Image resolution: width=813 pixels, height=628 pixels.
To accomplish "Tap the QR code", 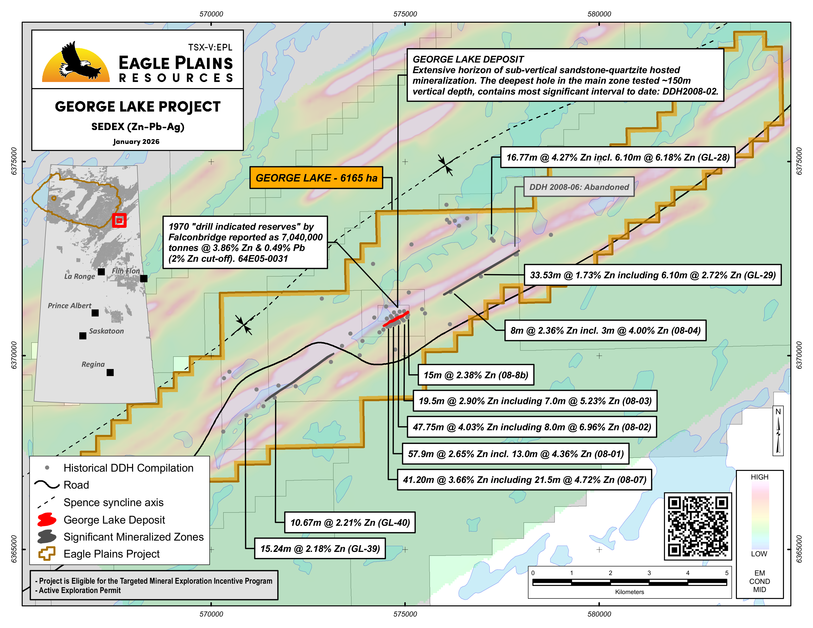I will (x=698, y=526).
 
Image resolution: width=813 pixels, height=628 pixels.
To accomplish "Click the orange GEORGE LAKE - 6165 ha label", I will (x=316, y=178).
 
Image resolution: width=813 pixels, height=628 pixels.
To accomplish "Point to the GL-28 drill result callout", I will (x=618, y=157).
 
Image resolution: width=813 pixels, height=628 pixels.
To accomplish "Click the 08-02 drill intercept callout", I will (x=532, y=427).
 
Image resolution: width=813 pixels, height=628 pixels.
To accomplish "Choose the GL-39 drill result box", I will (x=320, y=549).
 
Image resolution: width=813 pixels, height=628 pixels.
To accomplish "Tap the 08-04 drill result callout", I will (x=605, y=330).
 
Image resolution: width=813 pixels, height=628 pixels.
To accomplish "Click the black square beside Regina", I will (x=110, y=372).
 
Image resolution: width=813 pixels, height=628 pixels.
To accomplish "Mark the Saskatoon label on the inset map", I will (x=106, y=331).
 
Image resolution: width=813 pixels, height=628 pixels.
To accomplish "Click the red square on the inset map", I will (x=119, y=220).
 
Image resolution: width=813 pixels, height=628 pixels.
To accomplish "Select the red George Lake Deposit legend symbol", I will (x=47, y=520).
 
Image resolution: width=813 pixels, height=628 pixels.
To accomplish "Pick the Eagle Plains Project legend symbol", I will (x=47, y=554).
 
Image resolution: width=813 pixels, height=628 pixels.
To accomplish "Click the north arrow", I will (x=778, y=431).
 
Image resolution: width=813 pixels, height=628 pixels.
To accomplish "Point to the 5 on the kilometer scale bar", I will (x=726, y=573).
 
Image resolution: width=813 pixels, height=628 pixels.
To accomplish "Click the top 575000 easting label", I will (x=405, y=14).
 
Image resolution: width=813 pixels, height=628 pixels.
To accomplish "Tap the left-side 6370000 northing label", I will (x=14, y=355).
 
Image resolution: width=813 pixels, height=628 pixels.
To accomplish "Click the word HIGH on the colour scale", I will (x=759, y=477).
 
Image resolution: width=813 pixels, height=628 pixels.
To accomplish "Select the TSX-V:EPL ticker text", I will (x=210, y=47).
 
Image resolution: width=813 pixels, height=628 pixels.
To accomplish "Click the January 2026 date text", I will (x=136, y=142).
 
